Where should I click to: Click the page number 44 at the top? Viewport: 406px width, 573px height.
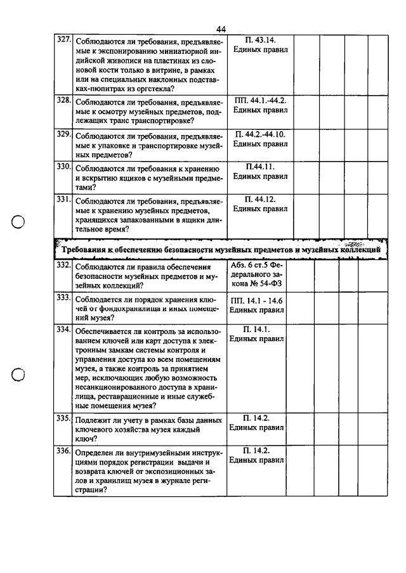[221, 29]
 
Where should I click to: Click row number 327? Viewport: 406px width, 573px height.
[63, 39]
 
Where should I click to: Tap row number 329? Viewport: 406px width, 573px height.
[63, 134]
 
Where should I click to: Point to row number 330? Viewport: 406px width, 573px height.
[63, 166]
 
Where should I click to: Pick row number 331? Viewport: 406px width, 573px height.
[63, 198]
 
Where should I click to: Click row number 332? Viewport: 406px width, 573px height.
[63, 264]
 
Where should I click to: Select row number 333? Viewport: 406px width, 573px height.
[63, 297]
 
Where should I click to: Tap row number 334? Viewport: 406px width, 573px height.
[63, 330]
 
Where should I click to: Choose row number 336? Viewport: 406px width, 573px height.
[63, 451]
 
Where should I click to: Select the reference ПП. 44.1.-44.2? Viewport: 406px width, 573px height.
[260, 101]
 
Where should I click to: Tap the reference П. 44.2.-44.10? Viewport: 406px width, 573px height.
[260, 134]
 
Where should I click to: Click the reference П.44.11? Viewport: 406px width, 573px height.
[260, 167]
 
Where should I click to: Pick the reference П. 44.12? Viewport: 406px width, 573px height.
[260, 199]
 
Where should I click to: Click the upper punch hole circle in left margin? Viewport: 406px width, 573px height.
[18, 222]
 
